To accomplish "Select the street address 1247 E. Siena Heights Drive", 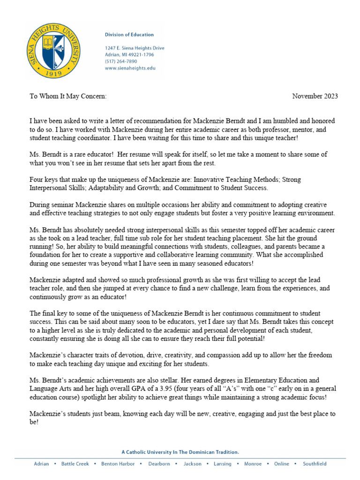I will tap(134, 48).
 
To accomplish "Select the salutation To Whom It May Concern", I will tap(68, 96).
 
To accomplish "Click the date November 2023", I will tap(315, 96).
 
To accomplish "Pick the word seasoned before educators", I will tap(209, 263).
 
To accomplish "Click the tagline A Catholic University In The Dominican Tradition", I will tap(180, 452).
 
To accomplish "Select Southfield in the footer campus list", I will tap(315, 464).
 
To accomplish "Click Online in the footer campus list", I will tap(281, 464).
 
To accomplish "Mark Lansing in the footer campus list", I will tap(222, 464).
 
